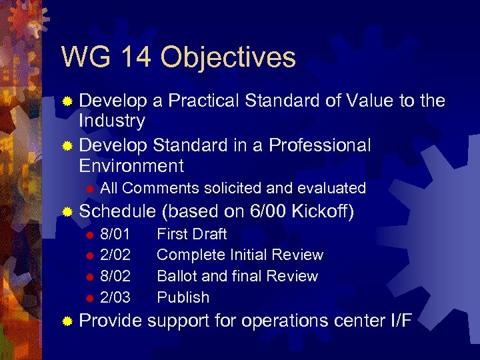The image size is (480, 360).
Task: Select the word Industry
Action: pos(111,121)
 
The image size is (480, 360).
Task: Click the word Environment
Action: pos(131,165)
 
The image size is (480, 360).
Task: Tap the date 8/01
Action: pos(115,234)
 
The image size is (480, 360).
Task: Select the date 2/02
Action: pos(115,255)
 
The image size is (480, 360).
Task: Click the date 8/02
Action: pos(115,276)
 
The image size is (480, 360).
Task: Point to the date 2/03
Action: pos(115,297)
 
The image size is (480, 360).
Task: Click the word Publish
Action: pos(183,297)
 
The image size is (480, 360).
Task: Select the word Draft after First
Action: pos(209,234)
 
